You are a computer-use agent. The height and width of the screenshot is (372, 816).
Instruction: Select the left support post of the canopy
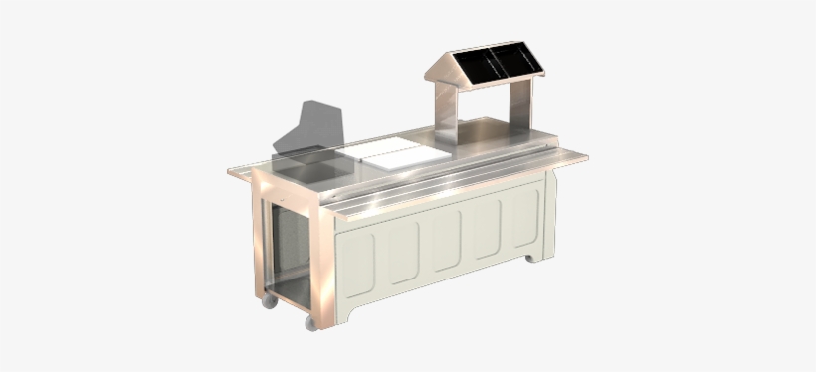447,112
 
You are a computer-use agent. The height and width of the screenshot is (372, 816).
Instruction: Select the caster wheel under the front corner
311,323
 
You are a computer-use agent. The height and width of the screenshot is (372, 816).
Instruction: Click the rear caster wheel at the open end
269,301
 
